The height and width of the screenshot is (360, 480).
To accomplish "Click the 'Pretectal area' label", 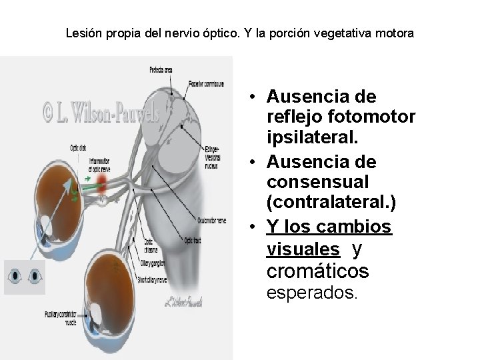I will (x=161, y=69).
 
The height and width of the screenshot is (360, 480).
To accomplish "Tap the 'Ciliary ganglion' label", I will (x=153, y=262).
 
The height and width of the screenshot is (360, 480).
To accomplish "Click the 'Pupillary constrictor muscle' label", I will (x=61, y=317).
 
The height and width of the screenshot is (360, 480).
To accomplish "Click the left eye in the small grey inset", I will (x=15, y=275).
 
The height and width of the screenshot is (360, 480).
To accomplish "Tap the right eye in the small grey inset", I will (x=34, y=275).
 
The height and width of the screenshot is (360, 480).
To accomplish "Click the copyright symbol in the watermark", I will (x=49, y=113).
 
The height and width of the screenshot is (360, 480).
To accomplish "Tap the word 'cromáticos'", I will (x=317, y=271).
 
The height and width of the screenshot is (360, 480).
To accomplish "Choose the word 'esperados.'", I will (x=312, y=292).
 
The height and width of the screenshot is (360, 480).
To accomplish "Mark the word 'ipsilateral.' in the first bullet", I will (x=312, y=139).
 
